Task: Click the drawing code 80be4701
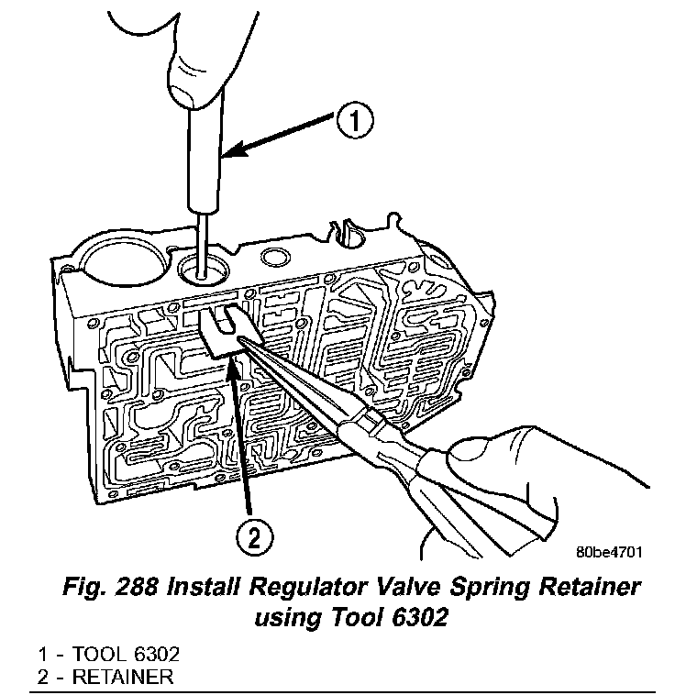point(607,553)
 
